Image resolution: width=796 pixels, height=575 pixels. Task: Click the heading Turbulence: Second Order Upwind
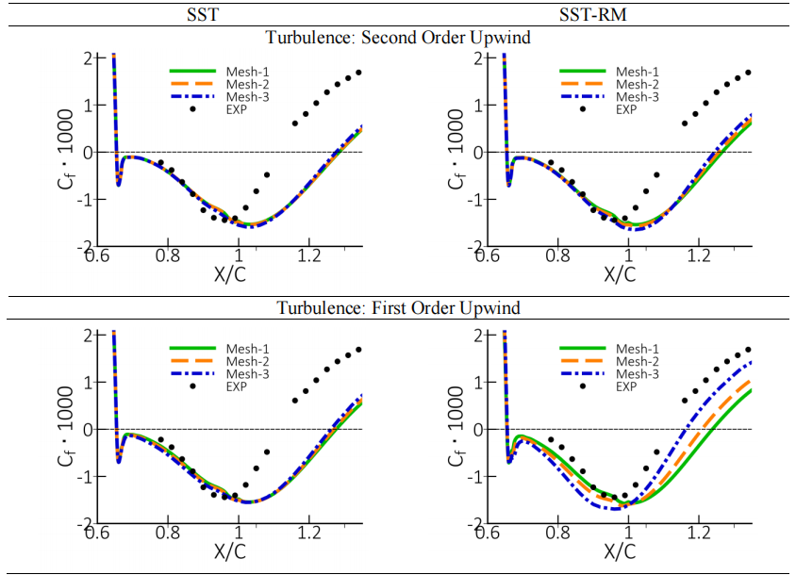[x=398, y=38]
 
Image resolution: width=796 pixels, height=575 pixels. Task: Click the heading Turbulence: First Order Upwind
[x=398, y=308]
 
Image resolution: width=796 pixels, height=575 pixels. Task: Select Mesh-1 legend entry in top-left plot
[x=244, y=72]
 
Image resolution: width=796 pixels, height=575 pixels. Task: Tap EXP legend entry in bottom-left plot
[x=237, y=386]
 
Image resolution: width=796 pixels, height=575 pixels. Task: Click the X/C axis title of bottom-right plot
[x=620, y=550]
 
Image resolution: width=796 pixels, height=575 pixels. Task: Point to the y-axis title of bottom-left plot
[x=65, y=428]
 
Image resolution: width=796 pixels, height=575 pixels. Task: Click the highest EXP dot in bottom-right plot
[x=749, y=350]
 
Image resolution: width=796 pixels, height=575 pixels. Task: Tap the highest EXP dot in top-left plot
[x=358, y=73]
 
